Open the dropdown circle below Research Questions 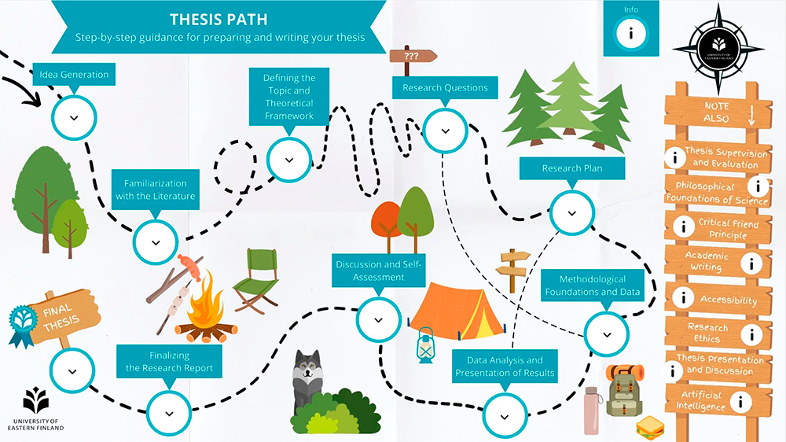[445, 131]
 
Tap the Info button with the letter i [631, 34]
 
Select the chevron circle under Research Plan [571, 212]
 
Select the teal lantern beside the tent [425, 343]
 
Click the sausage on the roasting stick [189, 263]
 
